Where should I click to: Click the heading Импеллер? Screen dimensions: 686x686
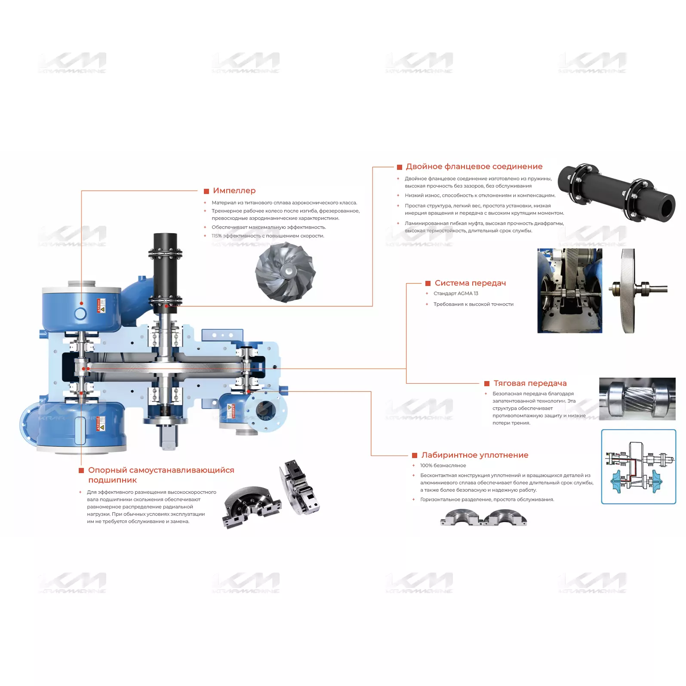point(234,191)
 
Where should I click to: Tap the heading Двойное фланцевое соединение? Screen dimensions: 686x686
point(474,166)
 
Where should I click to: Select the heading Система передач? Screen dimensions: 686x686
point(470,283)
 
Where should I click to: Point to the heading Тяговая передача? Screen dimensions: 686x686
point(530,383)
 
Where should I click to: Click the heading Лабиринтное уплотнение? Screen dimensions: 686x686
point(475,455)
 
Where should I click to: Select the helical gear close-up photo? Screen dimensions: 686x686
point(637,399)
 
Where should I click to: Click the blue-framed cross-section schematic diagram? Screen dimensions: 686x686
point(639,467)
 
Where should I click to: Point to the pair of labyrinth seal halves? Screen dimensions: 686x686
point(483,517)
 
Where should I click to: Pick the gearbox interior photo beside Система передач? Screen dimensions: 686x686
point(569,291)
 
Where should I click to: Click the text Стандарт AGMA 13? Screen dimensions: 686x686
point(456,293)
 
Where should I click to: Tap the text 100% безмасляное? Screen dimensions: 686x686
point(443,465)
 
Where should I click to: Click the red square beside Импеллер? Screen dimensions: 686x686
point(206,191)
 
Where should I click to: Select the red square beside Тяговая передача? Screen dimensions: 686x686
point(487,384)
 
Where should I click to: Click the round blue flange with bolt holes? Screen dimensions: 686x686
point(266,411)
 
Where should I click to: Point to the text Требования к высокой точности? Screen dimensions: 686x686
point(474,304)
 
